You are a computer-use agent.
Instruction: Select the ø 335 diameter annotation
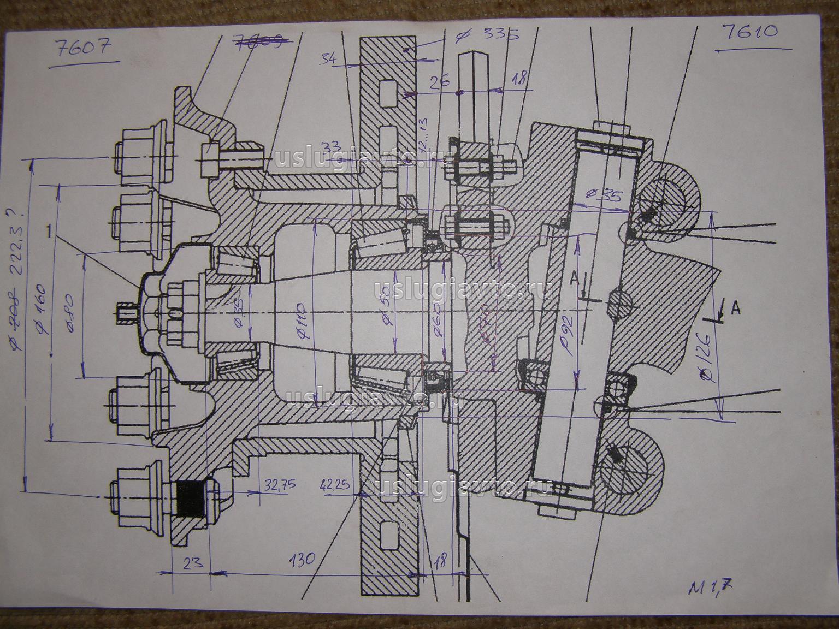pos(487,36)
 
